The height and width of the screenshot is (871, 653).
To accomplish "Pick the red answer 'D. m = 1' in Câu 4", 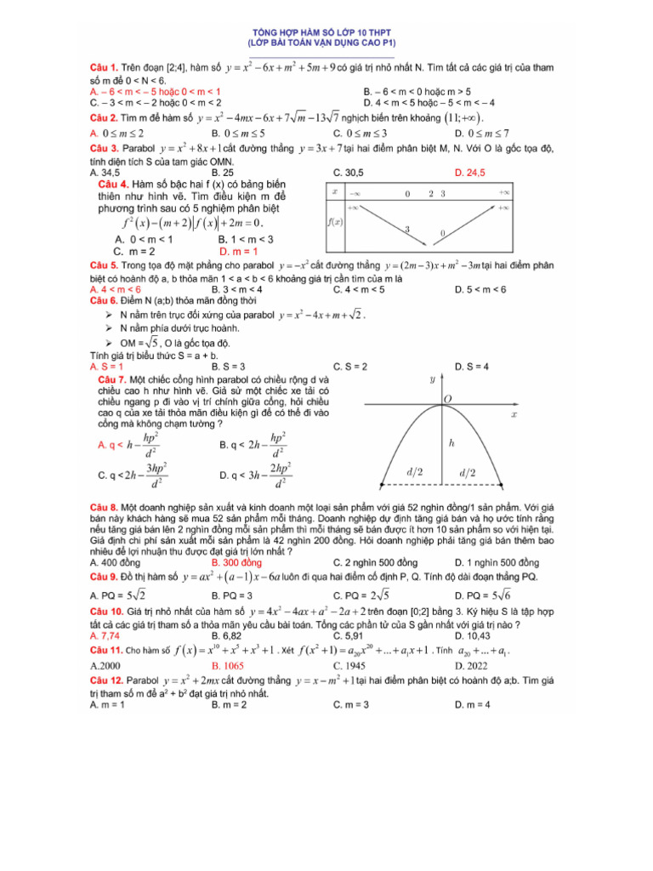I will (238, 251).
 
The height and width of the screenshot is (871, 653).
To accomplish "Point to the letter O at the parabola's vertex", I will (447, 398).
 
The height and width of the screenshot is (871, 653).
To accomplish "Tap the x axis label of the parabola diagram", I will (514, 414).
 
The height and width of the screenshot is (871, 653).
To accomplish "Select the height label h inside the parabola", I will (451, 443).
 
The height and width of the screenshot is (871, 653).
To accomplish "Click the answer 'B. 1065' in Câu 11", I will (230, 665).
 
